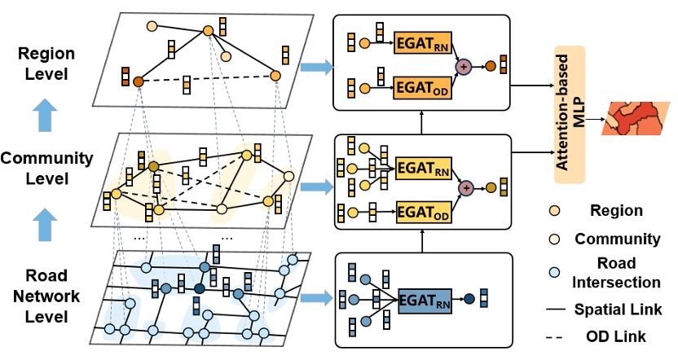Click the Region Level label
46,64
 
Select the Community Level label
46,168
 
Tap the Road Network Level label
46,296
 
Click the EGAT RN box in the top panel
422,43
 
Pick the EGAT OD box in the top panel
422,88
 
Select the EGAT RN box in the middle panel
424,168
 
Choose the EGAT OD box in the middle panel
424,213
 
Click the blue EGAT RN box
425,301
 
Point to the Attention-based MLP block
570,115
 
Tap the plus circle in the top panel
464,67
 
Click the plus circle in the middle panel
465,188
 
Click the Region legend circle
554,211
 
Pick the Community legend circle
554,239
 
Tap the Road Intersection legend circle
554,272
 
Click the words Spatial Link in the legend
618,310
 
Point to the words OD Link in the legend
616,336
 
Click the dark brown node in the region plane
138,81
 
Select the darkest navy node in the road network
200,288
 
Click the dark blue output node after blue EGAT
469,299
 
